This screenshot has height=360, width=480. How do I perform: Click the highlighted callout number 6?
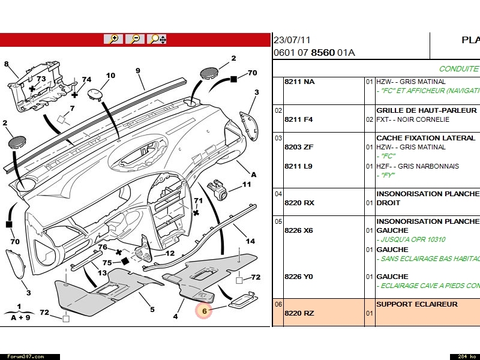coord(204,311)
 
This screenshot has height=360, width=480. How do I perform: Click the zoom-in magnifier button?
coord(113,39)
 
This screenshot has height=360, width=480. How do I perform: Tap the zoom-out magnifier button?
coord(136,39)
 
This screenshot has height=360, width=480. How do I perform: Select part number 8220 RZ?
coord(299,313)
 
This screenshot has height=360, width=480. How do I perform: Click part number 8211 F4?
coord(298,119)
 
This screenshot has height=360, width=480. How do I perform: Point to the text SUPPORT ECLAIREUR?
coord(416,304)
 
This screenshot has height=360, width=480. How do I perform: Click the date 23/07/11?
coord(292,40)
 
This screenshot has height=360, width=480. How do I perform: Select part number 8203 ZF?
coord(298,147)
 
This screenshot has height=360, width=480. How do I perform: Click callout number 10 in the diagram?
coord(110,76)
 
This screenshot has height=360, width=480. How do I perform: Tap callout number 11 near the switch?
coord(247,185)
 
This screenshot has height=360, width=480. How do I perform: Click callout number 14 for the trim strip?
coord(250,241)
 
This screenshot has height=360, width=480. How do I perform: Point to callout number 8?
coord(7,64)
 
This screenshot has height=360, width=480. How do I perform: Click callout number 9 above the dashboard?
coord(137,71)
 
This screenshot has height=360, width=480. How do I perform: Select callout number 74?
coord(86,80)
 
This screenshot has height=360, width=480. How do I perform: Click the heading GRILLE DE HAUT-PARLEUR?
coord(426,110)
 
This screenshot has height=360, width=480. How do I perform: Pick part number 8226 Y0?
coord(299,277)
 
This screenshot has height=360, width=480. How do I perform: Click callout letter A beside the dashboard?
coord(253,175)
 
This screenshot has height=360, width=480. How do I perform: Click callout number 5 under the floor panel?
coord(152,310)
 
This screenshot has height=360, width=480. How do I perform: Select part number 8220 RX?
coord(299,203)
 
